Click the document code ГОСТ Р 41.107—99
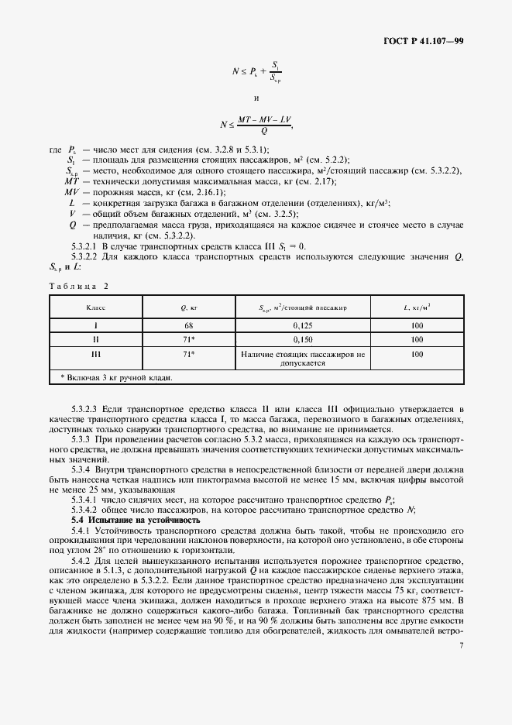click(428, 40)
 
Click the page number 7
click(461, 644)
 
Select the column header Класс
click(96, 308)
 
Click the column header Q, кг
click(187, 308)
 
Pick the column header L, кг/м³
click(417, 308)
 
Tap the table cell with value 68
click(187, 326)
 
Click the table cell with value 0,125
click(302, 326)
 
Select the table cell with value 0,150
click(302, 339)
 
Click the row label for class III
click(96, 354)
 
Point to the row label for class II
click(96, 339)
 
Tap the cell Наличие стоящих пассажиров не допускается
click(302, 358)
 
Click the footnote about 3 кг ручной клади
click(116, 377)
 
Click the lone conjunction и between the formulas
click(256, 98)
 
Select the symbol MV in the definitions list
click(71, 191)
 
